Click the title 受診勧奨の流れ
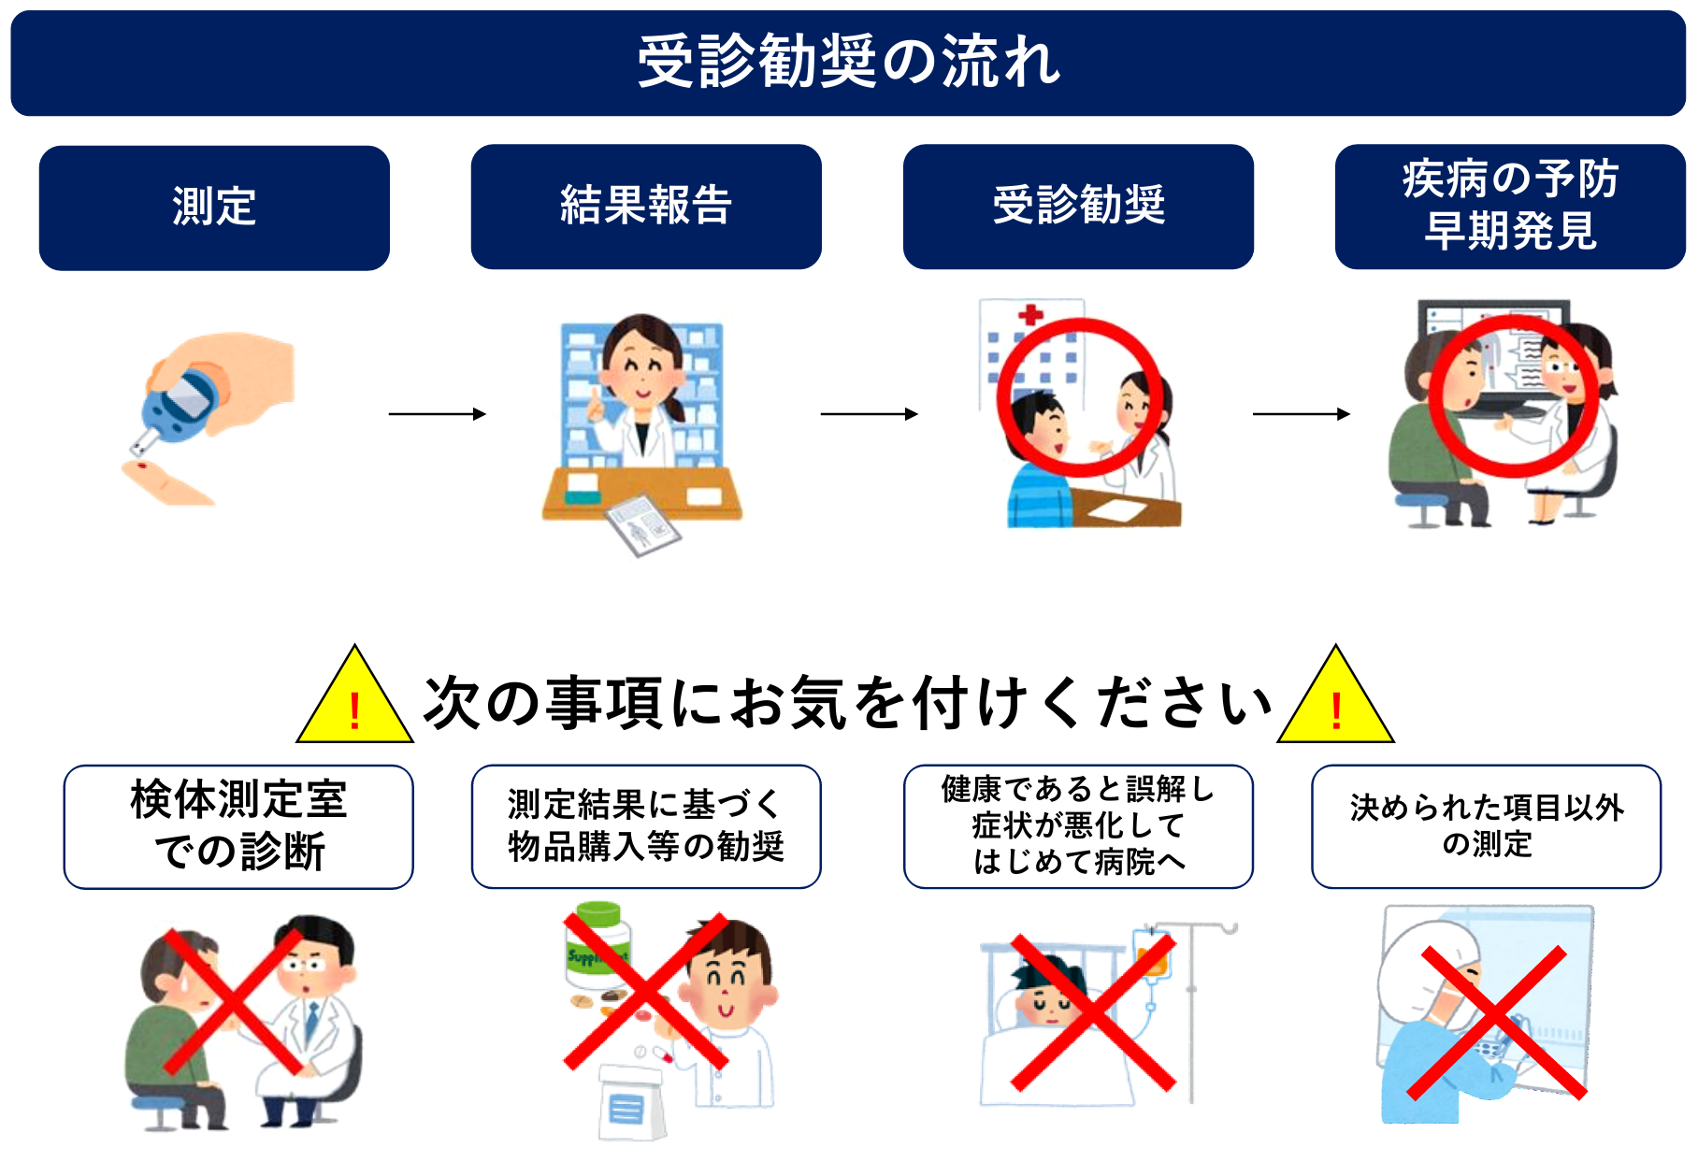(x=848, y=62)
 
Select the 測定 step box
(x=214, y=208)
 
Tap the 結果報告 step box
(x=646, y=207)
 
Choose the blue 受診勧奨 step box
(x=1078, y=207)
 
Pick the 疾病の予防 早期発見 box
(x=1510, y=207)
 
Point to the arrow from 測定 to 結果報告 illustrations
(x=438, y=414)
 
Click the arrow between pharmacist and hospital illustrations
(x=870, y=414)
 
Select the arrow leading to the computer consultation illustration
(x=1302, y=414)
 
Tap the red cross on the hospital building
(x=1030, y=315)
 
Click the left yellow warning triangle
(x=355, y=695)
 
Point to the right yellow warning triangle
(x=1336, y=695)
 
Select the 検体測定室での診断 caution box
(x=238, y=826)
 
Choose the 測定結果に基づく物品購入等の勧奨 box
(x=646, y=826)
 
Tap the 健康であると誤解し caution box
(x=1078, y=826)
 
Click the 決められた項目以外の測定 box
(x=1487, y=826)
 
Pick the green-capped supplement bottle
(x=597, y=944)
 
